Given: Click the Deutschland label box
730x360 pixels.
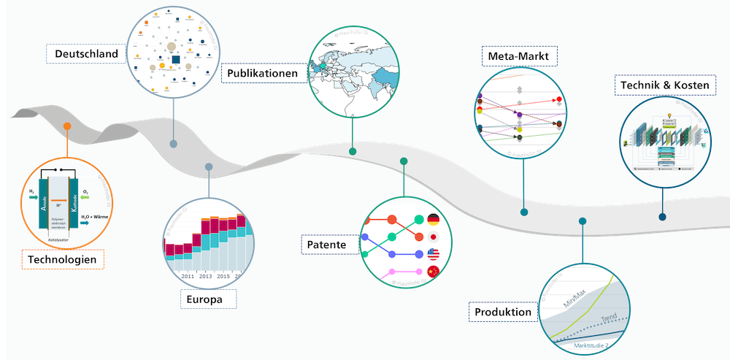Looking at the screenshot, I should (82, 53).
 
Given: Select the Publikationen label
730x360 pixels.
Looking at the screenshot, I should (261, 74).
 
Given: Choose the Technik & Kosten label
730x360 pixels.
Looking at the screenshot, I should (664, 86).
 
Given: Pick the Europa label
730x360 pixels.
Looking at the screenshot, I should (209, 300).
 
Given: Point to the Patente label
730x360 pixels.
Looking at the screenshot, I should (328, 244).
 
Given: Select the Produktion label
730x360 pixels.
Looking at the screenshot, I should (503, 313).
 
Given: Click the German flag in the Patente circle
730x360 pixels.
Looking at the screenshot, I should (433, 220).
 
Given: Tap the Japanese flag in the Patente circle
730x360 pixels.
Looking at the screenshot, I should (433, 237).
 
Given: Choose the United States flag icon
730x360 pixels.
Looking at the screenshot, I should (433, 255).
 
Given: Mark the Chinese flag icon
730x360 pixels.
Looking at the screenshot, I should (433, 272).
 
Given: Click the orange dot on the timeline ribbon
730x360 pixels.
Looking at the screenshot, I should (67, 126).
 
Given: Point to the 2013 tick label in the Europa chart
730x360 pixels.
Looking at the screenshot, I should (205, 277).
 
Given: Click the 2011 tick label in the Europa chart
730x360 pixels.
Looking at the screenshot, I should (187, 277).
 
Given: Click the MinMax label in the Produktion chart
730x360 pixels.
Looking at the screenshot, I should (576, 296).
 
